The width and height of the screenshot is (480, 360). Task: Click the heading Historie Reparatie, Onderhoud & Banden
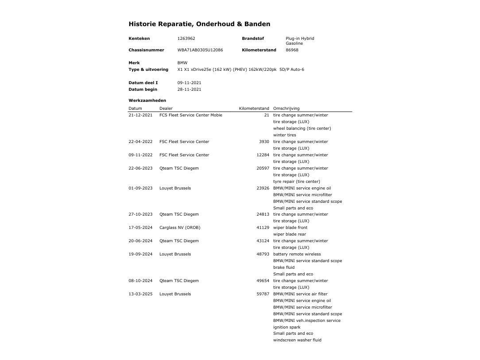199,24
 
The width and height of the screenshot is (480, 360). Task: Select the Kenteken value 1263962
186,39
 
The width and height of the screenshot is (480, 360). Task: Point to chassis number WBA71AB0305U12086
200,50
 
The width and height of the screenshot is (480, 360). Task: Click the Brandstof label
252,39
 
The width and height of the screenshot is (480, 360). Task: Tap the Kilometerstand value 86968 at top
292,50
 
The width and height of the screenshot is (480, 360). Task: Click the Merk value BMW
182,63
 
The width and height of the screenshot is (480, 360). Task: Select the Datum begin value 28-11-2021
189,89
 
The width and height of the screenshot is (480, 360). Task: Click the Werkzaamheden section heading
147,101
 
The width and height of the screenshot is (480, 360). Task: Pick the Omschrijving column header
286,108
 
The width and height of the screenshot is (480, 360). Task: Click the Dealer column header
166,108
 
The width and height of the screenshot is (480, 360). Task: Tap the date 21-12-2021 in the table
140,115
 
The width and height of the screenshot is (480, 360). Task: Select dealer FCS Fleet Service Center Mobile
191,115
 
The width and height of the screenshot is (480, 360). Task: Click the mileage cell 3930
264,142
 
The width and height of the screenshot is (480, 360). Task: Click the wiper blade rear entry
289,234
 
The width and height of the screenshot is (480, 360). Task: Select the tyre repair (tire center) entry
296,182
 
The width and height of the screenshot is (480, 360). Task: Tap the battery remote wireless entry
297,254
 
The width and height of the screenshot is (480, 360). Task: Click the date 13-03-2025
140,294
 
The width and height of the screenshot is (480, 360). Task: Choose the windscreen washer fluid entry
297,340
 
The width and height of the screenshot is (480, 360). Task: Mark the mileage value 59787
263,294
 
